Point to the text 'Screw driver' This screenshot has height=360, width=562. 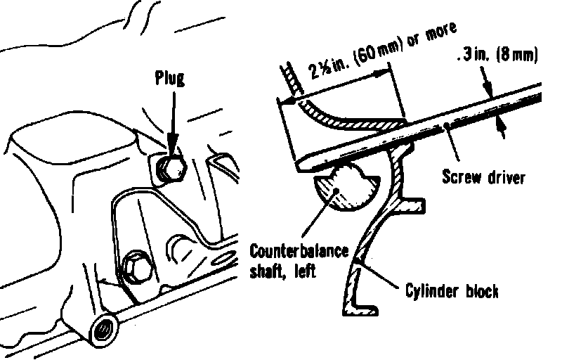(x=483, y=176)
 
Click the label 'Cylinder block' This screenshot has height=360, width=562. (x=452, y=290)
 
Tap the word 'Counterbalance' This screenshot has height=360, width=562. (x=298, y=253)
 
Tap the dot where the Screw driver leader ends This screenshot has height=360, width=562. (x=447, y=127)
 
